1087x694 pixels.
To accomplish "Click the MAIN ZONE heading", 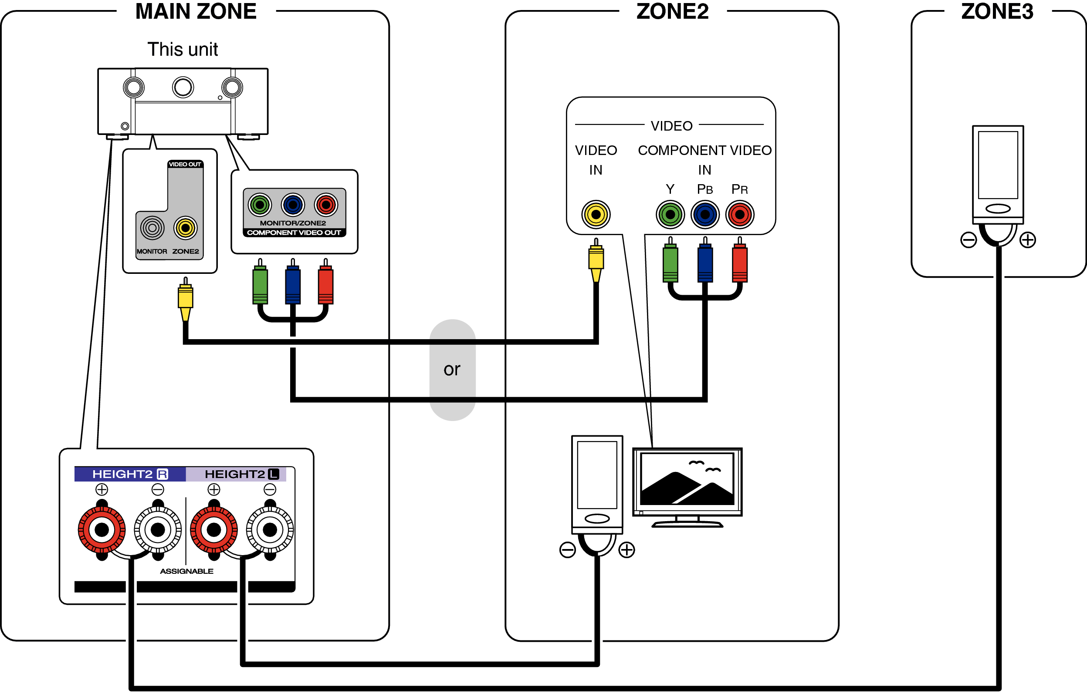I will pos(196,12).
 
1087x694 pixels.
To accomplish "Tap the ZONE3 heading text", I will pos(997,12).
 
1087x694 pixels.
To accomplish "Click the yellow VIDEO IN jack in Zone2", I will pos(596,215).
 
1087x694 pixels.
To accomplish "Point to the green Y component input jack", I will pos(670,215).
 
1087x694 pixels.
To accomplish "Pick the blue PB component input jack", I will pos(704,215).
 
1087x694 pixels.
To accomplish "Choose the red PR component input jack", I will pos(739,215).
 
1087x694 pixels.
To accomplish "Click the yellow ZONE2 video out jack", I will pos(185,228).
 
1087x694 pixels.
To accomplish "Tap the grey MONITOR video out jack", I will pos(152,228).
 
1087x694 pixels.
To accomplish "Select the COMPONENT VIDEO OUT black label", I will pos(294,233).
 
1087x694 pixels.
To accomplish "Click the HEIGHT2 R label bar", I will pos(130,474).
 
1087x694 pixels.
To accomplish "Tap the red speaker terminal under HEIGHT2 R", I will pos(102,530).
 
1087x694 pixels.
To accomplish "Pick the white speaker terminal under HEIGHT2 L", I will pos(270,530).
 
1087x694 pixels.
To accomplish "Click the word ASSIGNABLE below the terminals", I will pos(186,572).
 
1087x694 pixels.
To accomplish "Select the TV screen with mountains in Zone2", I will pos(687,480).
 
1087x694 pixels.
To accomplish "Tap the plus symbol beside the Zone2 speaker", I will pos(626,550).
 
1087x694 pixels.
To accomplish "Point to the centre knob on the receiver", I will pos(183,88).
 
